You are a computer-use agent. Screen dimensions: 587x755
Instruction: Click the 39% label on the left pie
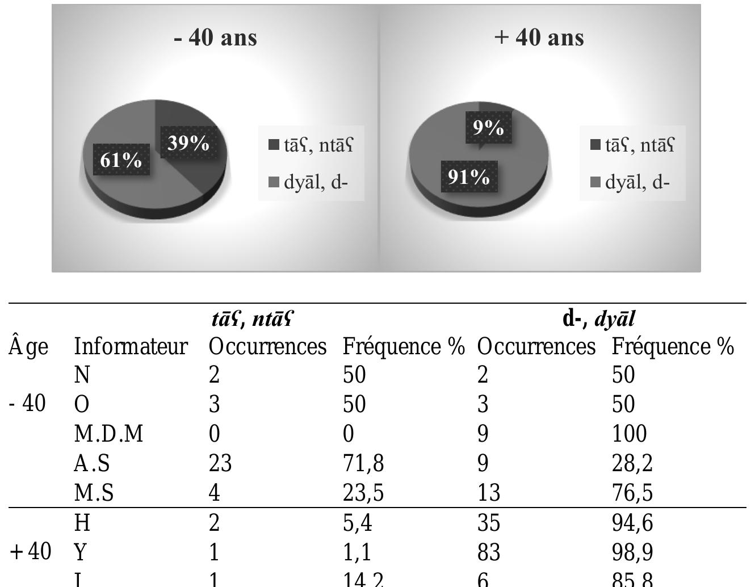click(188, 142)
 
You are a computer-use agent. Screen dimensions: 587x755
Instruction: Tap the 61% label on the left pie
click(121, 160)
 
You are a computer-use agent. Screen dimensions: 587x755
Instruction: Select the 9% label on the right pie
click(488, 127)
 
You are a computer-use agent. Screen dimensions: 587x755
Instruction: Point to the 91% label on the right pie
click(469, 177)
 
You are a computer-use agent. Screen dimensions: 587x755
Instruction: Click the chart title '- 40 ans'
click(215, 37)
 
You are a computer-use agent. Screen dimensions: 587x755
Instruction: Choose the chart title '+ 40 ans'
click(539, 37)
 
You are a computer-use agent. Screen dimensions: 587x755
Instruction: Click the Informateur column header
click(131, 346)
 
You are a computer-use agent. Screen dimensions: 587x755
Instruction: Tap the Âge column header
click(28, 346)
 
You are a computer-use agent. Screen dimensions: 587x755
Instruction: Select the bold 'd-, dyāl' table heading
click(598, 319)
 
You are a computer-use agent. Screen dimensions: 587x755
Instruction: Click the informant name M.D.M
click(108, 434)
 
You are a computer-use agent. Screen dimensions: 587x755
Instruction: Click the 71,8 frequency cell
click(363, 463)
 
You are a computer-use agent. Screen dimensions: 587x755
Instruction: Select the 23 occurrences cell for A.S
click(220, 463)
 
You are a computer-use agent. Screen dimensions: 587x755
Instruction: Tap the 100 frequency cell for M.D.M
click(629, 434)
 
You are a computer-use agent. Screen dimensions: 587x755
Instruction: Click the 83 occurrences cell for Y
click(489, 552)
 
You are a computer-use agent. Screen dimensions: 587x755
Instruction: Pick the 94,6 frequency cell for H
click(632, 522)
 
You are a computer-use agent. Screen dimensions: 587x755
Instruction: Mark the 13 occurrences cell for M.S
click(489, 493)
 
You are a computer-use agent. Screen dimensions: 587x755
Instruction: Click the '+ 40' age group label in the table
click(31, 552)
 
